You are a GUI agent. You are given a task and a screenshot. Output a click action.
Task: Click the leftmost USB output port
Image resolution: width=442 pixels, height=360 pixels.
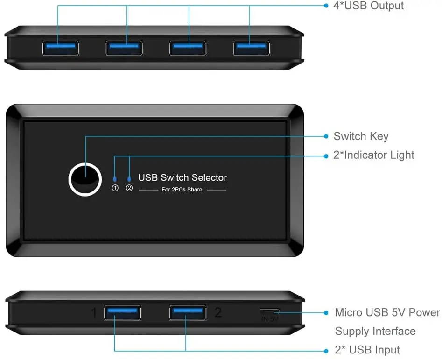(x=60, y=48)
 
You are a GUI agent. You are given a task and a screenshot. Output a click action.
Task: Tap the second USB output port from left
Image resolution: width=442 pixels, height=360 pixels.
(x=124, y=48)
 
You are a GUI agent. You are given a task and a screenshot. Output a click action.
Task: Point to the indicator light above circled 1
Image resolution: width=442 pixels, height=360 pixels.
(x=115, y=178)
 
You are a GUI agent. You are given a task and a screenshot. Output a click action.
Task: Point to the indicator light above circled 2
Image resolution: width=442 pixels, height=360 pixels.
(x=129, y=178)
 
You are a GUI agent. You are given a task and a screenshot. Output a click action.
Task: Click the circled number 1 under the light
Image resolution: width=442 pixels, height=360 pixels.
(x=115, y=188)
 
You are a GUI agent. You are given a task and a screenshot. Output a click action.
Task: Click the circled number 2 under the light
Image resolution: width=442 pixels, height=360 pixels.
(x=129, y=188)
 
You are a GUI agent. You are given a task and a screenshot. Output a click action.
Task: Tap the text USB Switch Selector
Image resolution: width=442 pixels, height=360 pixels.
(x=182, y=177)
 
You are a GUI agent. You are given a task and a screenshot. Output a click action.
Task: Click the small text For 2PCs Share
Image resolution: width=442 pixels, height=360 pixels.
(x=182, y=190)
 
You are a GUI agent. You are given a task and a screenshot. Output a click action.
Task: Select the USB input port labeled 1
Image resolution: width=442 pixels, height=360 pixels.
(x=122, y=312)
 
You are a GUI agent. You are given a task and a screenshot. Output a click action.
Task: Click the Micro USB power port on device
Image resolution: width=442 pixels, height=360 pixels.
(x=270, y=311)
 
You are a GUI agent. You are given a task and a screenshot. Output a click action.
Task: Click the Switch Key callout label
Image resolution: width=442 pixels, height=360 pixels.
(x=361, y=136)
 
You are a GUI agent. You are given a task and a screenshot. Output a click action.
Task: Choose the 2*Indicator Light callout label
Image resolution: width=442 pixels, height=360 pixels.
(x=373, y=155)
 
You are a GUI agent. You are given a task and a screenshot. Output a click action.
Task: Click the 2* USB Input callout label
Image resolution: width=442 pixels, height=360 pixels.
(x=367, y=350)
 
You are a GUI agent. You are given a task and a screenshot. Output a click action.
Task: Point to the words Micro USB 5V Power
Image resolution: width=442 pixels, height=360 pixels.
(x=387, y=312)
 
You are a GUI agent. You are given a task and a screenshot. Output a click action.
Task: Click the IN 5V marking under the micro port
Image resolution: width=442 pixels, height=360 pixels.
(x=270, y=319)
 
